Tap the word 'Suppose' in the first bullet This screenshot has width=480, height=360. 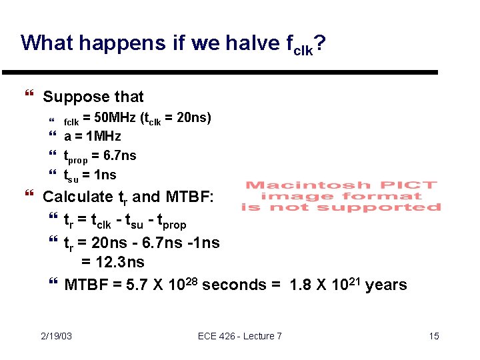[x=72, y=97]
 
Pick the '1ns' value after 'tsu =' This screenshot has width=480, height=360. [x=104, y=175]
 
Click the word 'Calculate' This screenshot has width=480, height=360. [x=78, y=197]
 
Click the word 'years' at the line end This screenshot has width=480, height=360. [x=386, y=285]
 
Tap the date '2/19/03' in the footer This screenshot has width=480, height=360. [x=56, y=336]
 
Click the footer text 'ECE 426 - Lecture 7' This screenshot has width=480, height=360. [x=240, y=336]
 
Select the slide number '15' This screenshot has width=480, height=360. [x=433, y=336]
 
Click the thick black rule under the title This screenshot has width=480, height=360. [x=219, y=72]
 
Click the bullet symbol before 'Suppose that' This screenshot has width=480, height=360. [x=28, y=97]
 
